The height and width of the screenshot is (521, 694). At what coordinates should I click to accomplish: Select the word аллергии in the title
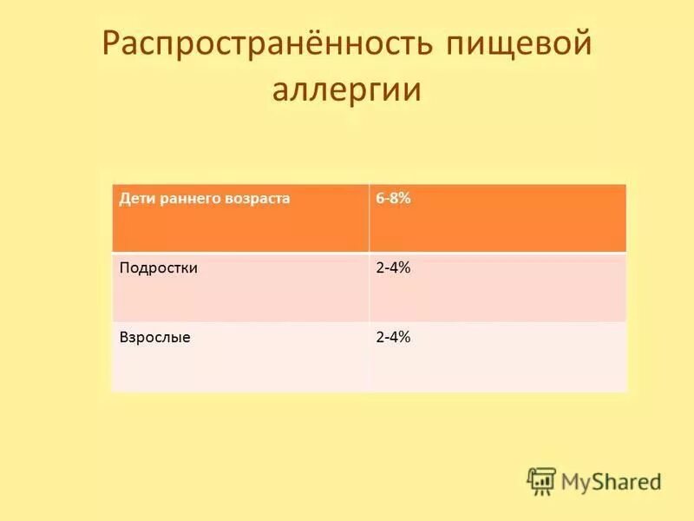(347, 90)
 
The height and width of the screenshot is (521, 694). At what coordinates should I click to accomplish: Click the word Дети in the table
(135, 199)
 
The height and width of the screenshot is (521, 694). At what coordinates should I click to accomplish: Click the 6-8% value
(393, 199)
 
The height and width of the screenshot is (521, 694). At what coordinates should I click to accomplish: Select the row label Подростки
(158, 268)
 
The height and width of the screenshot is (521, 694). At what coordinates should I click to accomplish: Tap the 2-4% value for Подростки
(393, 268)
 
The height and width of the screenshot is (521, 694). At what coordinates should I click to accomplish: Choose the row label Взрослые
(154, 338)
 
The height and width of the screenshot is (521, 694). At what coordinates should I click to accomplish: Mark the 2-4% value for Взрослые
(393, 338)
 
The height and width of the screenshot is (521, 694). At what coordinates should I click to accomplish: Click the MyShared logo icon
(541, 480)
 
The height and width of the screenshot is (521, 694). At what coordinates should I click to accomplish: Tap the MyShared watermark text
(611, 481)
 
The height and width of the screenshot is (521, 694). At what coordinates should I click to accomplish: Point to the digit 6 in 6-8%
(380, 199)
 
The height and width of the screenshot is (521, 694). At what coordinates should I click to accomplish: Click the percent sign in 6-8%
(404, 199)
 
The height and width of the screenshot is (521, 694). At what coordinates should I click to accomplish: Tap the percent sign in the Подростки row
(404, 268)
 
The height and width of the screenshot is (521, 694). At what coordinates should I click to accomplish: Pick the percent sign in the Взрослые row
(404, 338)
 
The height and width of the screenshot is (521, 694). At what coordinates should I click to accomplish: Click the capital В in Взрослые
(123, 338)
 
